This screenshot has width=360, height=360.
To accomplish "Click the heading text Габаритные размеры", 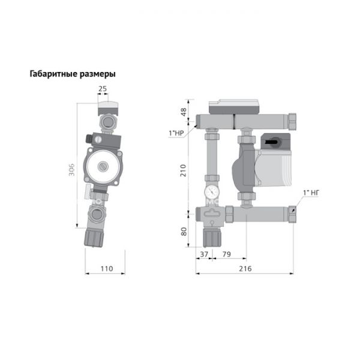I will [x=72, y=74].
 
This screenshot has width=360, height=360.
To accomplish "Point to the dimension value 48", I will [x=184, y=112].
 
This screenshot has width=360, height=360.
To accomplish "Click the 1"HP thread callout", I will [x=176, y=133].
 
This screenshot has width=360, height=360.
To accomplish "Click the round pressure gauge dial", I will [x=211, y=192].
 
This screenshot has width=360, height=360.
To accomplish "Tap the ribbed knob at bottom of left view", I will [x=97, y=236].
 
